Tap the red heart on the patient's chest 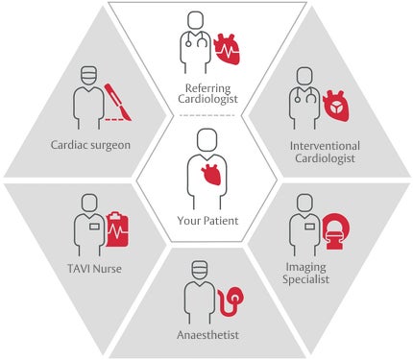(209, 176)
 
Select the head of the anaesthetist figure (198, 270)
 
